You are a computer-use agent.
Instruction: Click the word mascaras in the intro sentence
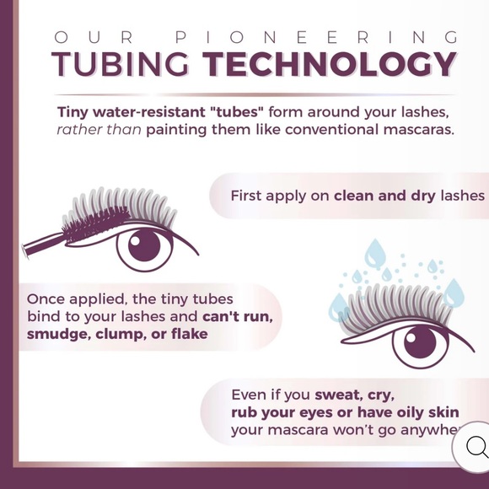tap(416, 131)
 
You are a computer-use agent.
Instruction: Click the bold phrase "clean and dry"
tap(384, 196)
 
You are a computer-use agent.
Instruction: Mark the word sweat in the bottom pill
tap(337, 394)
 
